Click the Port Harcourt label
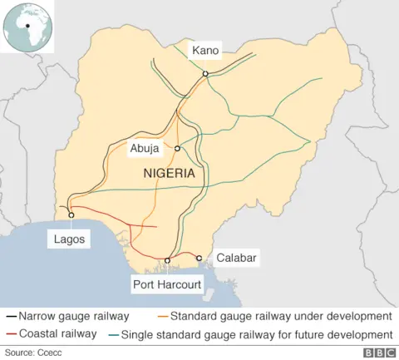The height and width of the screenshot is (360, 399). [167, 285]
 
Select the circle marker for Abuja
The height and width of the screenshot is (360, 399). [177, 149]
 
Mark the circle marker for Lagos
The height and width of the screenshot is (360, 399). [71, 215]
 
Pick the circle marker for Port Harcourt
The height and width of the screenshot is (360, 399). [168, 261]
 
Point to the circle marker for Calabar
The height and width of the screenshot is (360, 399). [199, 259]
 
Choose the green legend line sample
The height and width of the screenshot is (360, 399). [114, 335]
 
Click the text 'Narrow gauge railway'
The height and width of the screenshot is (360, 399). [73, 317]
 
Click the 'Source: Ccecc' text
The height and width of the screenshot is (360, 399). [32, 353]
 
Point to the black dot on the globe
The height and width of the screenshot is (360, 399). [27, 26]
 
